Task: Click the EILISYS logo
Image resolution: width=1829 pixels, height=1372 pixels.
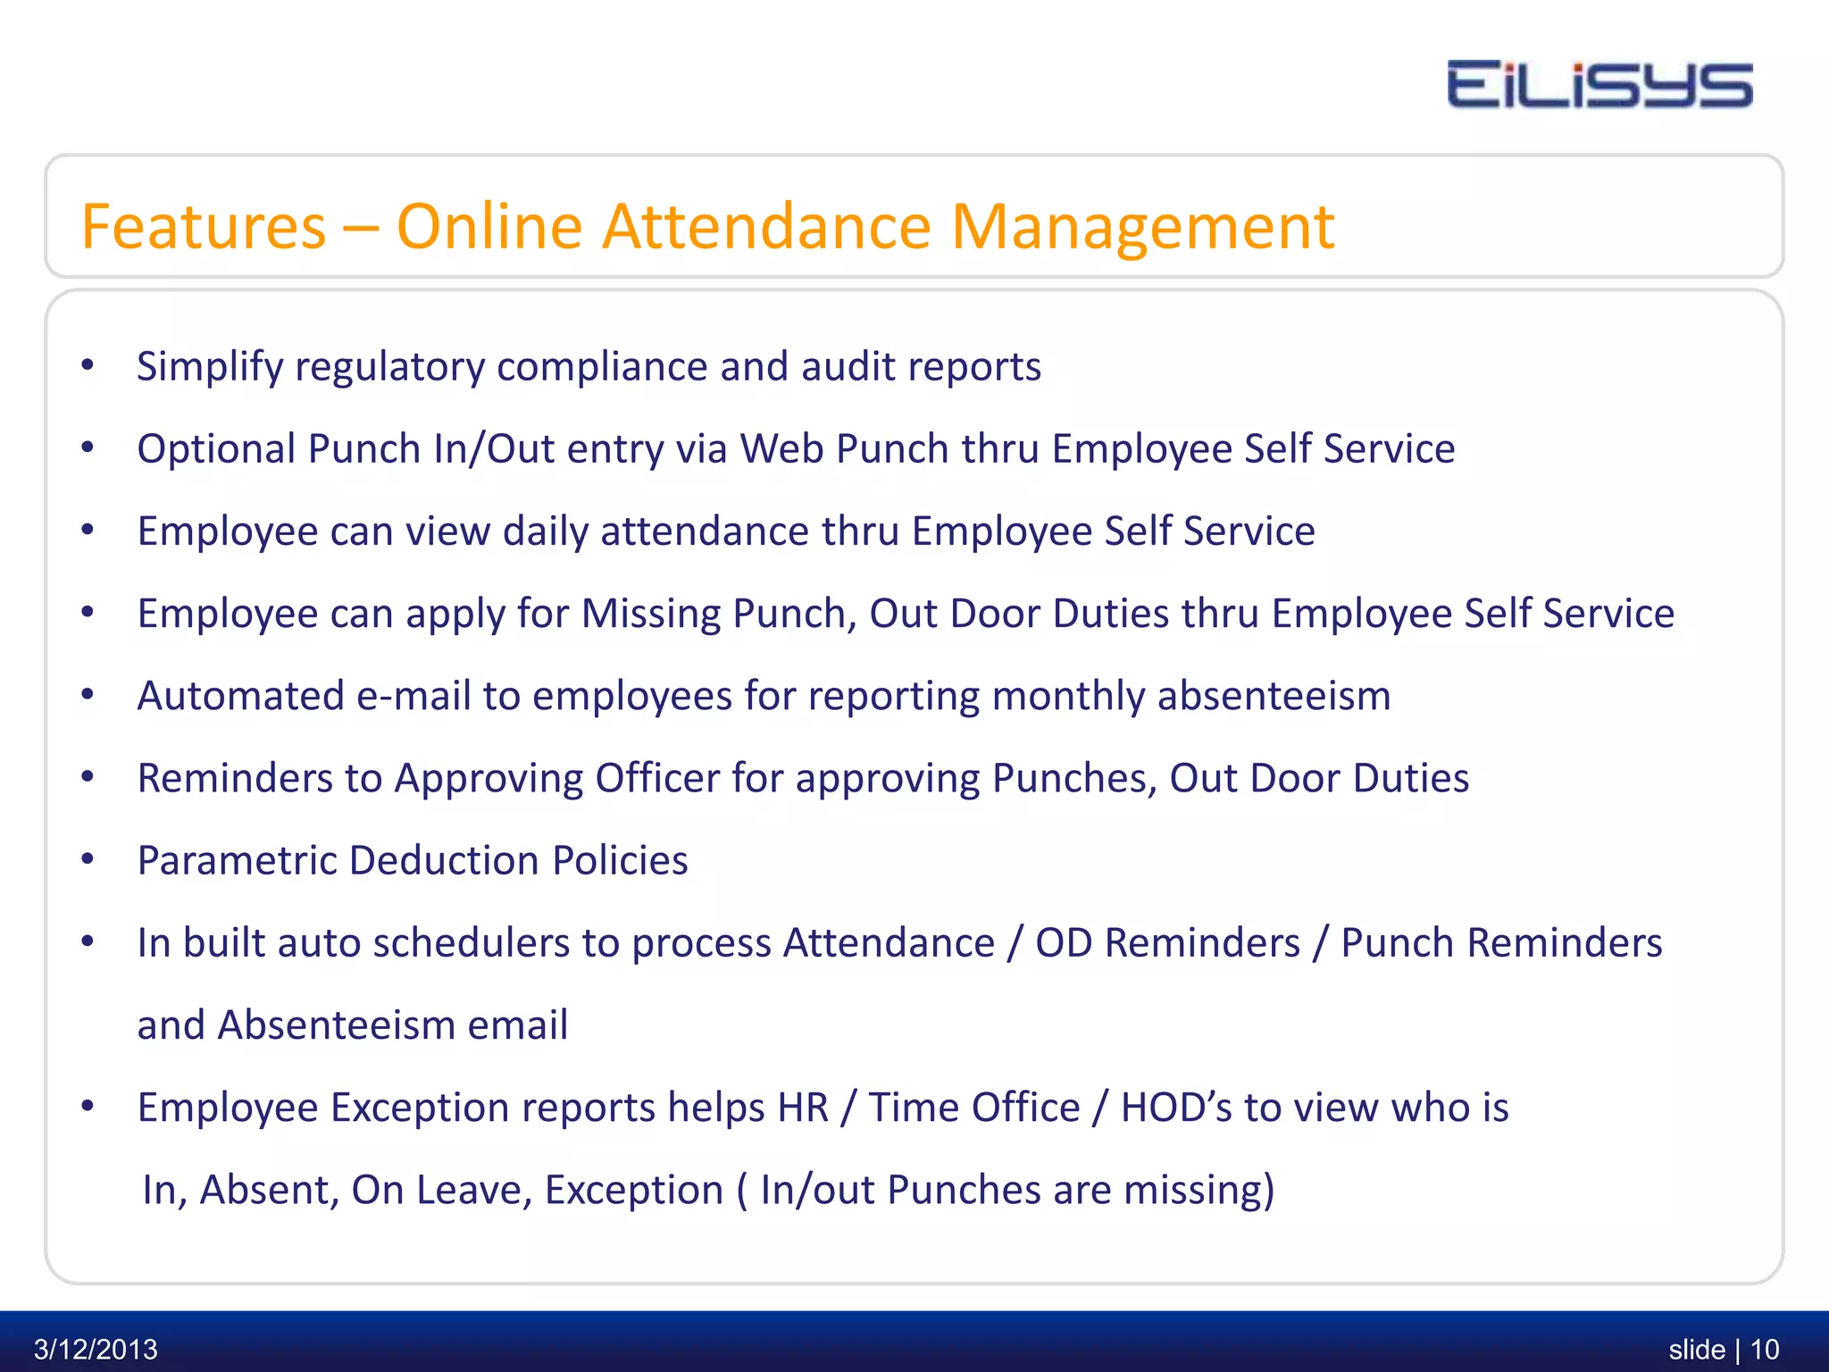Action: (1599, 86)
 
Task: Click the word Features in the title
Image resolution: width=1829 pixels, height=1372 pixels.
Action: (204, 227)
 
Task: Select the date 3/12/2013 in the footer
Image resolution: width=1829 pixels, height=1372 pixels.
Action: (96, 1349)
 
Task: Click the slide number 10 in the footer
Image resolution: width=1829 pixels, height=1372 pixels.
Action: (1765, 1349)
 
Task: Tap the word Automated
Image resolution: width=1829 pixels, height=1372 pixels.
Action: (240, 696)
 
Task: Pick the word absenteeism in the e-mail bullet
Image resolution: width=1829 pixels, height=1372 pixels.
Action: (1274, 696)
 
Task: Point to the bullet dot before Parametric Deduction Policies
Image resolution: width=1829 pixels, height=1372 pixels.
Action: (88, 859)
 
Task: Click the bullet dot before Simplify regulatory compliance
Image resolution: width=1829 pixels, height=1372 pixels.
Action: (88, 365)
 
